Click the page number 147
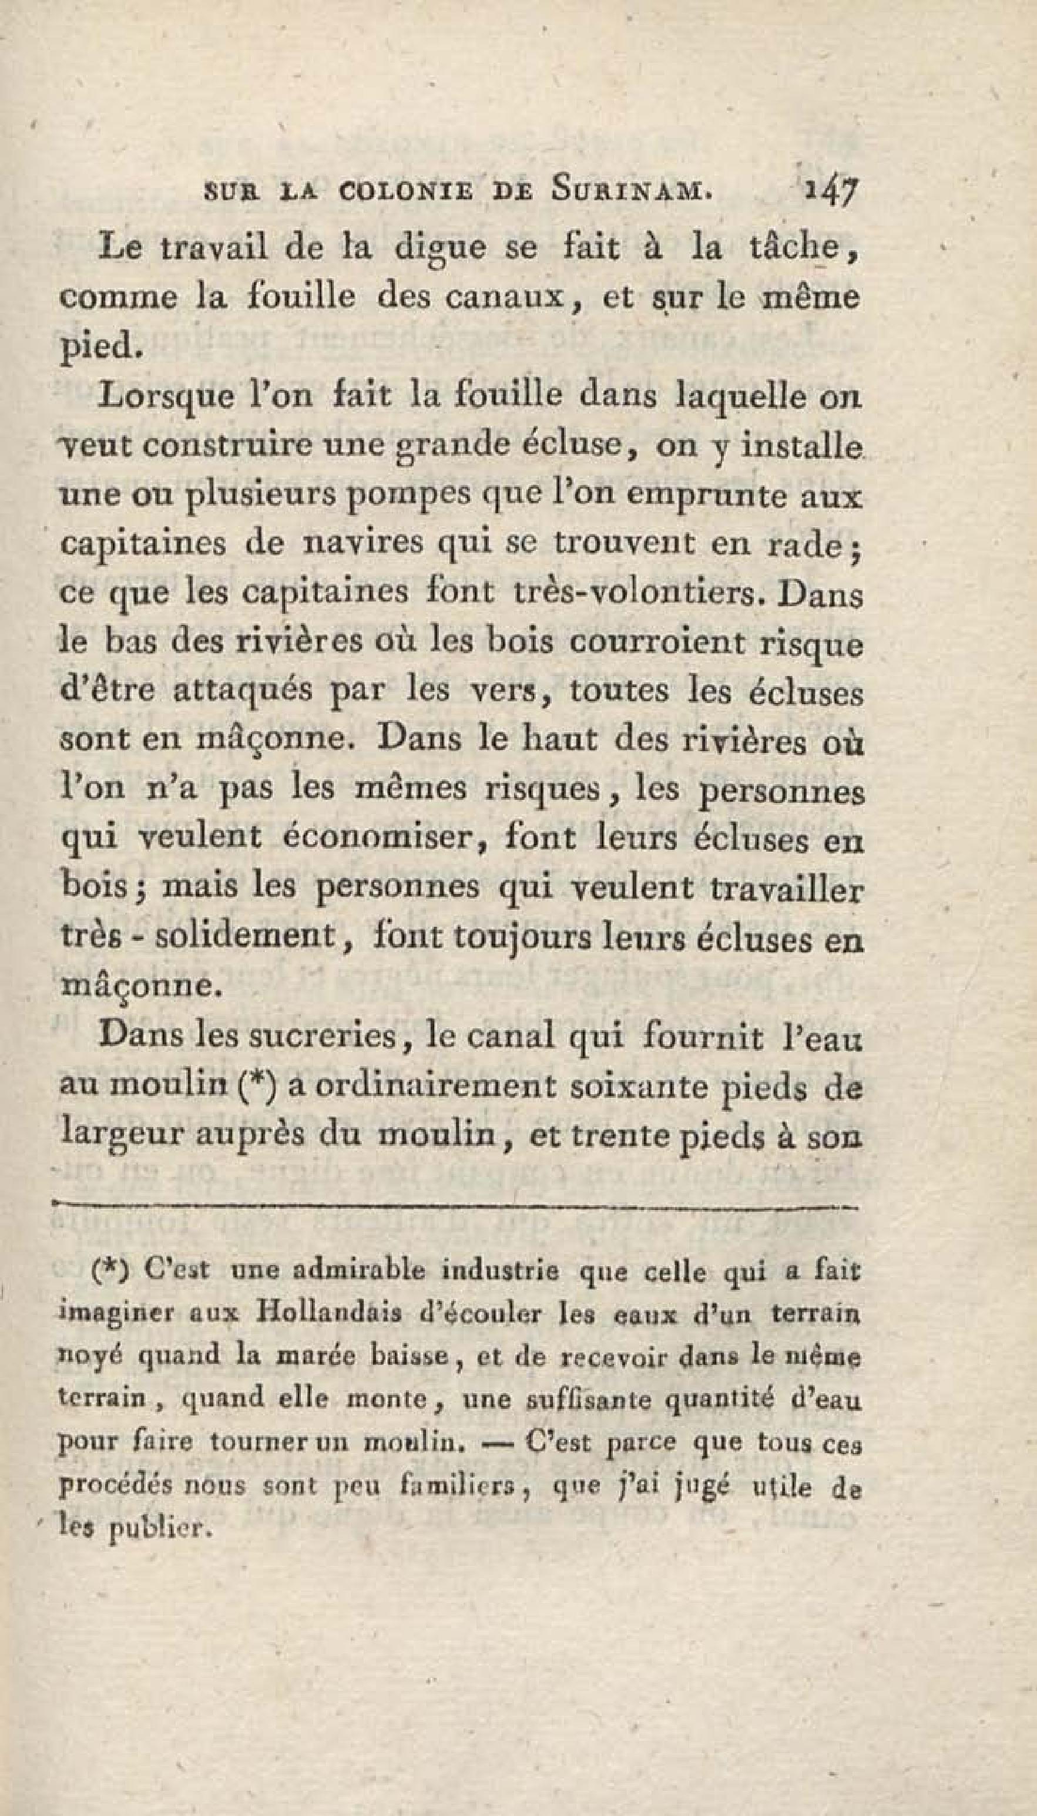point(833,191)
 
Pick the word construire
point(244,446)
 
